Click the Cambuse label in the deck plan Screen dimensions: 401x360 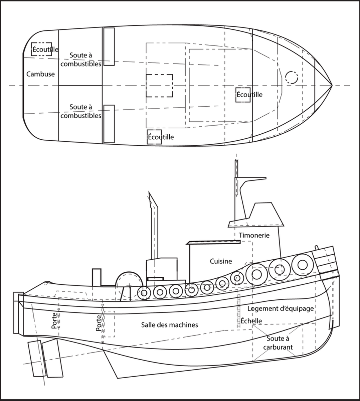click(x=40, y=74)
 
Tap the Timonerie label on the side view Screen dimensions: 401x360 click(x=254, y=235)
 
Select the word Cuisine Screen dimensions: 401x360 click(x=221, y=261)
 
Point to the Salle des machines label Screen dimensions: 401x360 click(x=169, y=324)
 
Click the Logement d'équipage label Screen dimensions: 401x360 click(x=281, y=308)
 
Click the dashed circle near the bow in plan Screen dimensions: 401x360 click(x=292, y=77)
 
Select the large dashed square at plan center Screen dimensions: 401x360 click(x=159, y=86)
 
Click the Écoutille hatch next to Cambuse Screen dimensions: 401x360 click(x=42, y=49)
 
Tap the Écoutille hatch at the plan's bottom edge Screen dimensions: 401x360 click(x=154, y=137)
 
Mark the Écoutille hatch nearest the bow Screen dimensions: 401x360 click(x=243, y=95)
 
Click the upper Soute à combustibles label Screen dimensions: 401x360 click(x=81, y=59)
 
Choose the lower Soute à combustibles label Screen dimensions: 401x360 click(x=81, y=111)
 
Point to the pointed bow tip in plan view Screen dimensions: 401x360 click(x=332, y=86)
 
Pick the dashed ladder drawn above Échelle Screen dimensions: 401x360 click(x=239, y=305)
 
